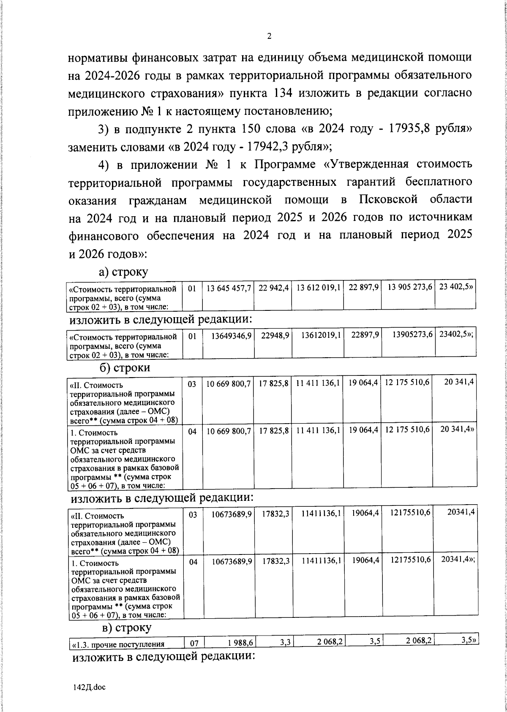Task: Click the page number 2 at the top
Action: (x=269, y=36)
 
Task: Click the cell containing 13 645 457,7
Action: (x=229, y=288)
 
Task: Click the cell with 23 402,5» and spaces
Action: (x=455, y=288)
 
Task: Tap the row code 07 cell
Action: (x=194, y=644)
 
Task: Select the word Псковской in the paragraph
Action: (x=388, y=200)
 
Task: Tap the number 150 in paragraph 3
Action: (x=253, y=129)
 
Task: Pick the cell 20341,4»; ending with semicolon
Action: (x=458, y=559)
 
